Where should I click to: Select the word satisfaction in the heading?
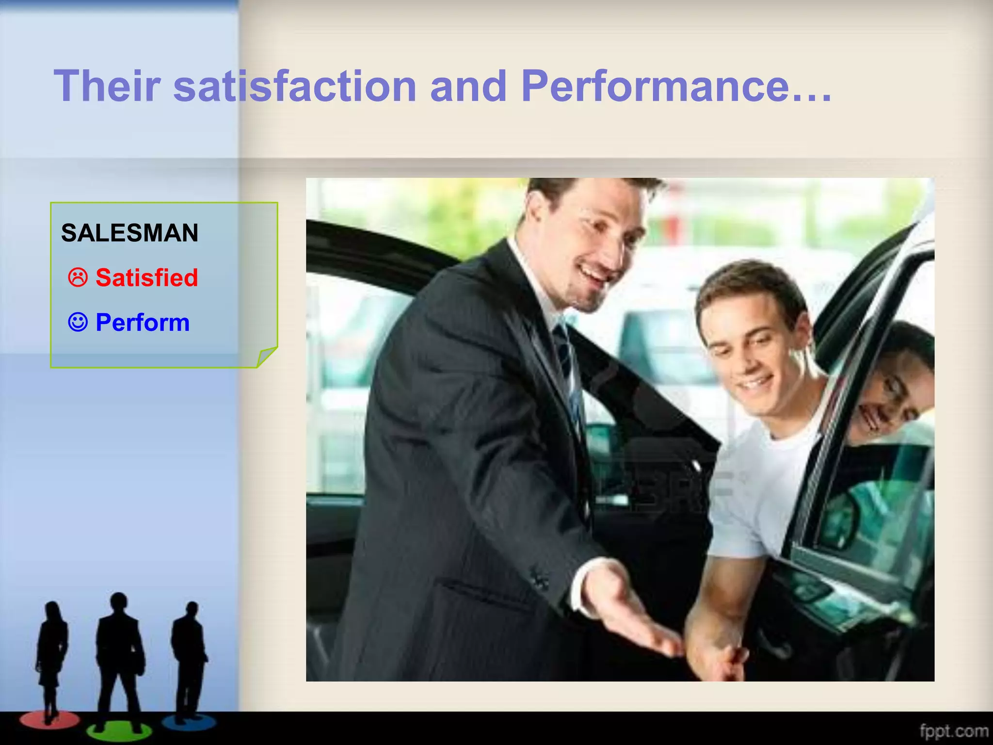click(294, 86)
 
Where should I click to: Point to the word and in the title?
click(468, 86)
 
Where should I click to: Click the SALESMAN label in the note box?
click(129, 233)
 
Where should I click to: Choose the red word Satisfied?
click(146, 278)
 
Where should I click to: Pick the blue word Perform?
click(143, 323)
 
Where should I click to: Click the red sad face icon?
click(78, 278)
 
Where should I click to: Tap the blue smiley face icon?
click(78, 322)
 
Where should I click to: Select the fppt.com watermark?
click(954, 731)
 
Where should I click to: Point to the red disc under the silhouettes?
click(48, 720)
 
